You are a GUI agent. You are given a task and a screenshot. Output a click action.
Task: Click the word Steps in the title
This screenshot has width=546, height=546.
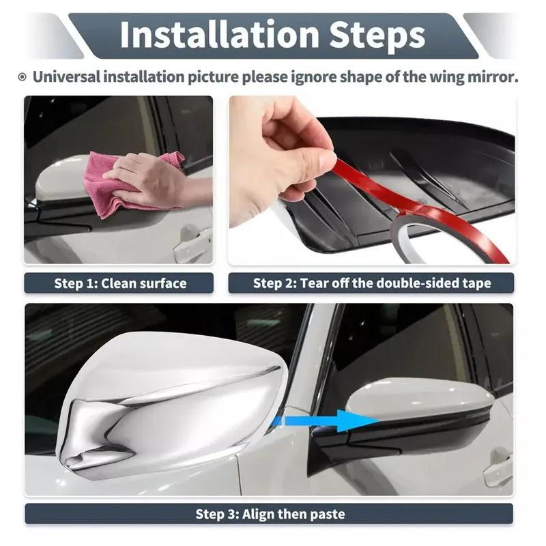pyautogui.click(x=373, y=34)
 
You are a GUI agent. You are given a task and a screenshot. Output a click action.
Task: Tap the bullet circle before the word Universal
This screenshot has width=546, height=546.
pyautogui.click(x=23, y=77)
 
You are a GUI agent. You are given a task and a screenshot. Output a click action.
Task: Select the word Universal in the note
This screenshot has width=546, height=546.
pyautogui.click(x=66, y=76)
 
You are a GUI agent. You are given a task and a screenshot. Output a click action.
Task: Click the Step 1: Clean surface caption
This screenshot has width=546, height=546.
pyautogui.click(x=120, y=283)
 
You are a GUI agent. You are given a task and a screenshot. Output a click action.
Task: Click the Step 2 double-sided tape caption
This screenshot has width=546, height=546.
pyautogui.click(x=371, y=283)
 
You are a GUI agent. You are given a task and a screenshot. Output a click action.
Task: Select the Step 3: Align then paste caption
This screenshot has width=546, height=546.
pyautogui.click(x=270, y=514)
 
